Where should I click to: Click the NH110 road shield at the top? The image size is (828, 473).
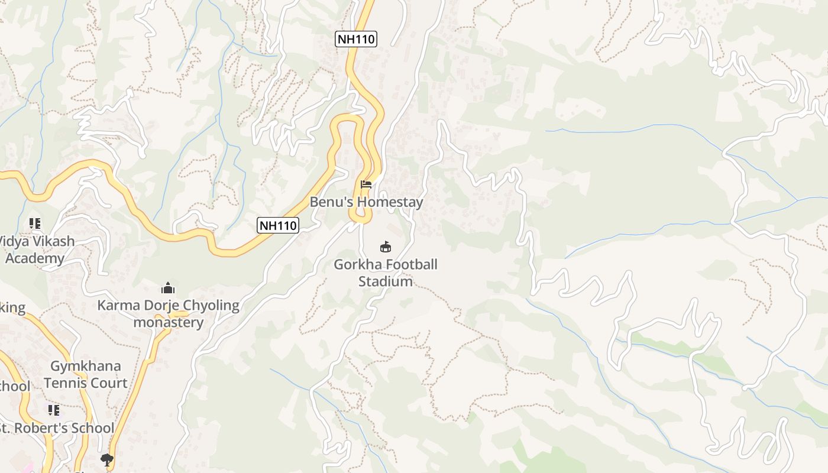click(355, 40)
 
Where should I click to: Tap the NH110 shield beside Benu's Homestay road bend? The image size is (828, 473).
click(277, 225)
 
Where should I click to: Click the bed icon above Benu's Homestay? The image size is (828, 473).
click(366, 184)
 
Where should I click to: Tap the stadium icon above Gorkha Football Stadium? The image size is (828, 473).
click(386, 247)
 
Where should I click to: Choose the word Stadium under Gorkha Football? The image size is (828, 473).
click(386, 281)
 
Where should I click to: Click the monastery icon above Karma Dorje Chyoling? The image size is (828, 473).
click(168, 288)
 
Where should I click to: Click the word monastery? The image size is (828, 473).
click(168, 323)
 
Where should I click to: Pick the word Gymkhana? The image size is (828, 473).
click(86, 366)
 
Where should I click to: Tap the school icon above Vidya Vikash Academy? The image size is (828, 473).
click(35, 223)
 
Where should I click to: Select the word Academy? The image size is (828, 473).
click(35, 258)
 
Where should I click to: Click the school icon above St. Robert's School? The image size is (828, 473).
click(54, 410)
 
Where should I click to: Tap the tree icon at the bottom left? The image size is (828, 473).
click(106, 459)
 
